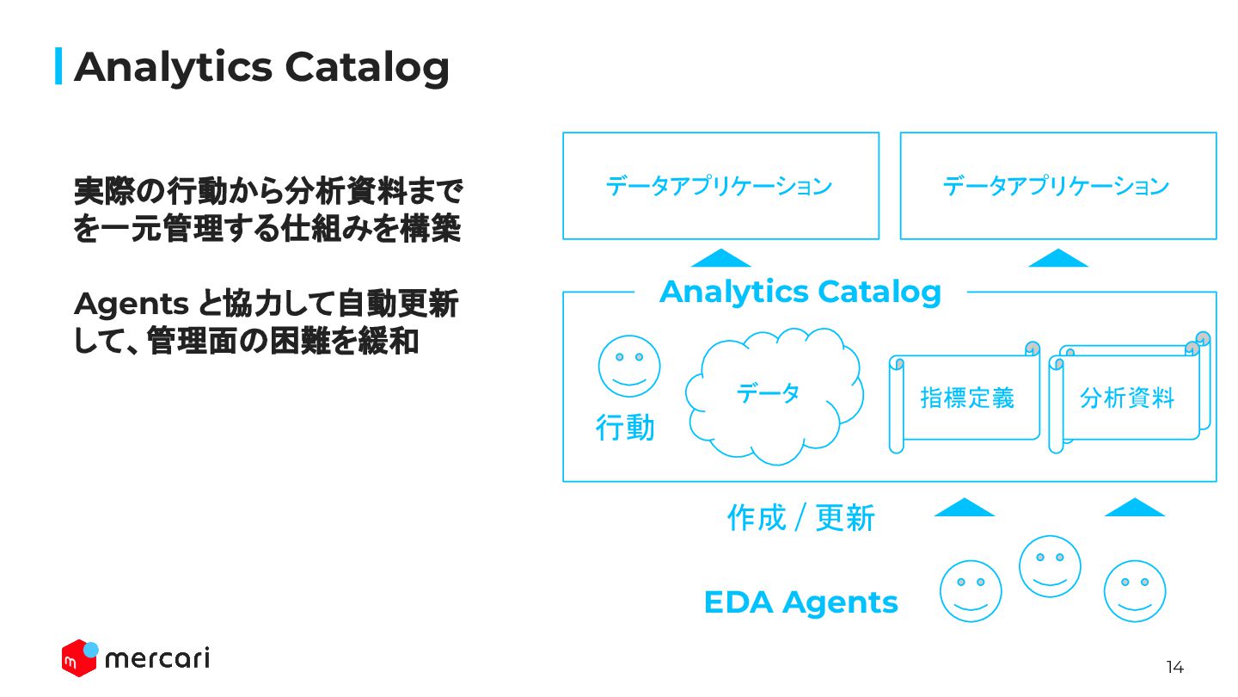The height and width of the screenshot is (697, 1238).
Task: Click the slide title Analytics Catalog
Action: click(261, 66)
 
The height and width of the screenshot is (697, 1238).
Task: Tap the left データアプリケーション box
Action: click(720, 186)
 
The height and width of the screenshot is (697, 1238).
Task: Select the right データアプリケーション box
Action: click(1057, 186)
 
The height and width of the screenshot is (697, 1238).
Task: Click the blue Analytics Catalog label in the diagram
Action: click(800, 292)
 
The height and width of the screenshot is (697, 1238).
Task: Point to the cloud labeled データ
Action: click(772, 396)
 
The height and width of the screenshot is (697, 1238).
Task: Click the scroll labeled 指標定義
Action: click(966, 398)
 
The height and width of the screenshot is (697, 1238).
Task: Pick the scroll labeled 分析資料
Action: click(1126, 398)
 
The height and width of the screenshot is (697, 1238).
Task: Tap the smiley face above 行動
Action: click(629, 366)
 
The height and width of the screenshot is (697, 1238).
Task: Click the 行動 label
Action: click(625, 427)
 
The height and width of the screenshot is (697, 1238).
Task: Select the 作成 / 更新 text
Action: click(800, 518)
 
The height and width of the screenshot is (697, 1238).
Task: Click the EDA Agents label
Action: click(800, 602)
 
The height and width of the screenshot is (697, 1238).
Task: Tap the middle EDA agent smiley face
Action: click(1050, 565)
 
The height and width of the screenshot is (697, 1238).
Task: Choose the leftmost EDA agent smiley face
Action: click(971, 590)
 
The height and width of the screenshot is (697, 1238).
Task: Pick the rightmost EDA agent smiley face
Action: click(1135, 590)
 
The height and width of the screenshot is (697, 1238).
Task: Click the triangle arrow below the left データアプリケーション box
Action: click(720, 258)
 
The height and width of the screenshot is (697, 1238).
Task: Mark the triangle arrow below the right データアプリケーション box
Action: click(1057, 258)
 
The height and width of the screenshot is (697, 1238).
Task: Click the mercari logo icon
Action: click(79, 657)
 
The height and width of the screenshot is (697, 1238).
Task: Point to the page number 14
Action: click(1174, 667)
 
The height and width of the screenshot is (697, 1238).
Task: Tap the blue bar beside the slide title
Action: click(58, 66)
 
